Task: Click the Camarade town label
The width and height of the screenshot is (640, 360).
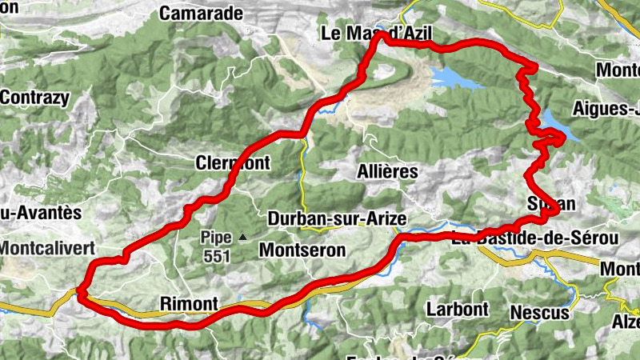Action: click(x=201, y=13)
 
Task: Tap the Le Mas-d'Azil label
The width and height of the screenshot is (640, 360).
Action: click(x=375, y=34)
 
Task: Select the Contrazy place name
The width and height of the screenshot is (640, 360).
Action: click(x=34, y=98)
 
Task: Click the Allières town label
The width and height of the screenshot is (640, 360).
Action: click(x=388, y=171)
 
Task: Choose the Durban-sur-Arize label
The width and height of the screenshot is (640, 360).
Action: click(x=337, y=218)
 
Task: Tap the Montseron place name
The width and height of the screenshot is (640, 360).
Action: click(x=302, y=250)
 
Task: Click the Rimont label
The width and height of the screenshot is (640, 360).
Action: click(x=189, y=303)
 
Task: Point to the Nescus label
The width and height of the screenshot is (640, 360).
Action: click(x=538, y=312)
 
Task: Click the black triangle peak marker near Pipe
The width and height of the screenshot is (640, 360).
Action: click(x=242, y=237)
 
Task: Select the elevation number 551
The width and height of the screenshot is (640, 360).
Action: click(x=216, y=257)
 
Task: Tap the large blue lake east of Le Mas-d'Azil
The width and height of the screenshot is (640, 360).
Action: click(x=454, y=78)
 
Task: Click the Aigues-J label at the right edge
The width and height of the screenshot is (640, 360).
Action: click(x=606, y=108)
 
